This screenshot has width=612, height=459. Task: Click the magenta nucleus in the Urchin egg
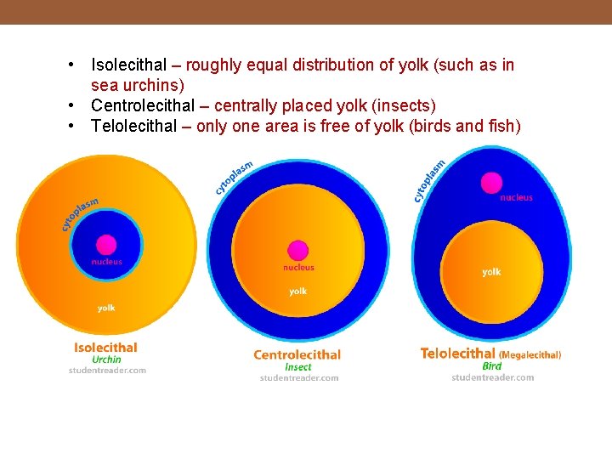(106, 245)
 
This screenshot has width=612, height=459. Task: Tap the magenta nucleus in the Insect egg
(297, 250)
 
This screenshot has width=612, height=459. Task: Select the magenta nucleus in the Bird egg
(491, 182)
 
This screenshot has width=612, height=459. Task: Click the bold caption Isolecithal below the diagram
(105, 347)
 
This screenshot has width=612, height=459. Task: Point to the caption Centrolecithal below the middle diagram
(297, 354)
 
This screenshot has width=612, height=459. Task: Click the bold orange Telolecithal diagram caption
(458, 353)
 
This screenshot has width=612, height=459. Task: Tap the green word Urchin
(107, 360)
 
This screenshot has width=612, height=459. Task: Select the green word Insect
(298, 367)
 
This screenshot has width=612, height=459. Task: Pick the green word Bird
(492, 366)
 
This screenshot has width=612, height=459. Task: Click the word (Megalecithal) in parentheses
(530, 354)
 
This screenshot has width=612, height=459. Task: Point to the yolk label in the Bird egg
(491, 272)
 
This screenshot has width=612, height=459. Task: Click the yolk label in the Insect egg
(297, 291)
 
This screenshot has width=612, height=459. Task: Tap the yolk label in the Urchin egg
(106, 308)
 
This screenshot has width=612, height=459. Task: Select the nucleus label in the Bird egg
(516, 197)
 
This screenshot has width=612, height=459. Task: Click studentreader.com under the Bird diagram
(493, 377)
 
